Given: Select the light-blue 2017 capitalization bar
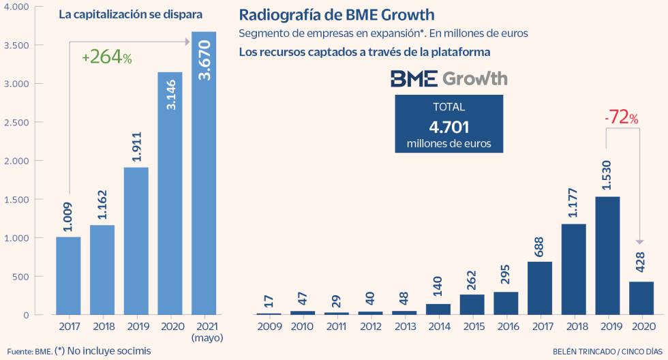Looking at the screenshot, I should click(68, 275).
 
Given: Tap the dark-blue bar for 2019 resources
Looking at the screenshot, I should click(607, 256).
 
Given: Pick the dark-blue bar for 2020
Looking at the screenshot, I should click(641, 298).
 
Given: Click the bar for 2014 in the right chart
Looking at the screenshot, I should click(438, 309).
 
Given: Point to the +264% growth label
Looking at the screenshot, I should click(106, 58).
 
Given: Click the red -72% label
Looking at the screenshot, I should click(621, 117).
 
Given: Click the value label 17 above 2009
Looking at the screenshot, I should click(269, 300).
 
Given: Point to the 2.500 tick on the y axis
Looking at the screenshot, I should click(18, 123).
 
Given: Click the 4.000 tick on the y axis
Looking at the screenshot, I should click(18, 7).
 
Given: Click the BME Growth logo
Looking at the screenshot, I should click(449, 78).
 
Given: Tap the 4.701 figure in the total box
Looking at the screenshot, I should click(449, 126).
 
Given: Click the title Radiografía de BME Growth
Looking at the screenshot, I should click(336, 15).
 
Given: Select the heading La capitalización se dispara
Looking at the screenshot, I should click(130, 14).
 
